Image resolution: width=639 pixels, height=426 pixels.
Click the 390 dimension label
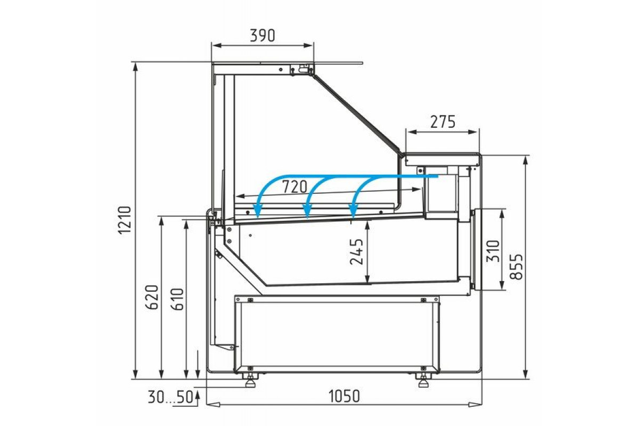click(263, 35)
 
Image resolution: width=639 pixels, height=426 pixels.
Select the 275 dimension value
click(443, 122)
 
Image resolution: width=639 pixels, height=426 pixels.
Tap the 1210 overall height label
click(125, 220)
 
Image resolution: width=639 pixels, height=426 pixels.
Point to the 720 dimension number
click(294, 187)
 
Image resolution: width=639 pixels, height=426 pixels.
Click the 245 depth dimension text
click(356, 252)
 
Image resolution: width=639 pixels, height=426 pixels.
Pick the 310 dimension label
click(494, 251)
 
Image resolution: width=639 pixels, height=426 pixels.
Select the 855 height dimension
click(517, 267)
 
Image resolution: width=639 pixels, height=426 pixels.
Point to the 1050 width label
click(345, 396)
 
